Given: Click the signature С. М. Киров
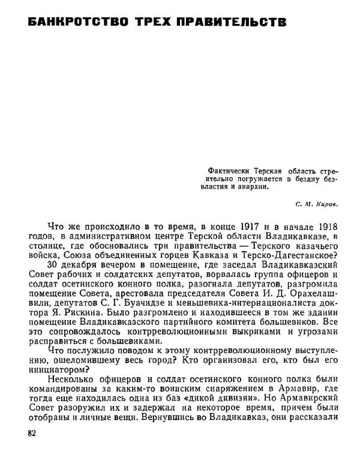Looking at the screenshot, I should pos(318,204).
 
